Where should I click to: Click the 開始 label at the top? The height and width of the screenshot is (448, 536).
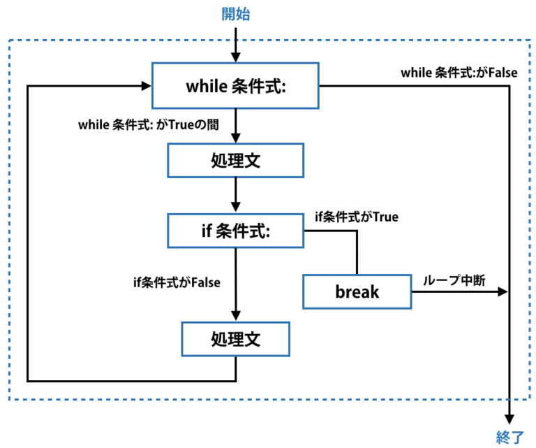point(235,14)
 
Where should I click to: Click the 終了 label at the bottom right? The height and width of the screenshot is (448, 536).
point(509,438)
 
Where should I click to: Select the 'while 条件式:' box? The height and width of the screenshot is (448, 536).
point(235,87)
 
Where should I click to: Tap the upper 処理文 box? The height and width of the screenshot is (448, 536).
point(235,160)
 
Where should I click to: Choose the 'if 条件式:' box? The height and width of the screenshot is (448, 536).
point(235,231)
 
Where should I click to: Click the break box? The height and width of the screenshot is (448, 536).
point(357,291)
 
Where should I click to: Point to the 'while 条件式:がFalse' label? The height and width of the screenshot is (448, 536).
point(459,73)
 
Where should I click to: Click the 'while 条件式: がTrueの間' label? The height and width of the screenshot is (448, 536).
point(149,126)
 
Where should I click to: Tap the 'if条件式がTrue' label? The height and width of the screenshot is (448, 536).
point(357,217)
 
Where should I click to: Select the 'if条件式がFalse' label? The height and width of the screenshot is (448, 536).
point(177,282)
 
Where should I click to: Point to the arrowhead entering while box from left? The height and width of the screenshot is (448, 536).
point(147,86)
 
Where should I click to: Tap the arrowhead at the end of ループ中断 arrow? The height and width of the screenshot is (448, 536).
point(503,292)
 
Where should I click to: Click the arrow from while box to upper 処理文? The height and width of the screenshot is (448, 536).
point(236,126)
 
